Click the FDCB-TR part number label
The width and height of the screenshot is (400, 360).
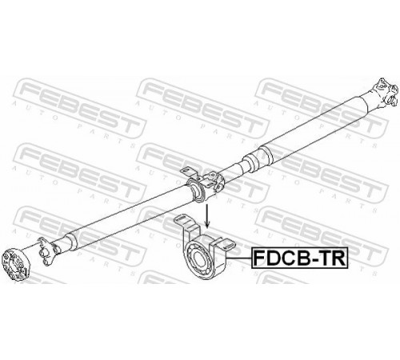click(300, 258)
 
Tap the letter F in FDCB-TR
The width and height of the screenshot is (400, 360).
click(259, 258)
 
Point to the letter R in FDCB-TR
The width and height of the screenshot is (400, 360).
click(339, 258)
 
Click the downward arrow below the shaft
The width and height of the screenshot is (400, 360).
click(206, 216)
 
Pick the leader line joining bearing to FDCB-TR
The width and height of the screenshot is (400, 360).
click(238, 258)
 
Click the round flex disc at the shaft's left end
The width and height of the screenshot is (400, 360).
click(14, 264)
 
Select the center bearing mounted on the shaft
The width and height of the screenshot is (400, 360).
click(197, 190)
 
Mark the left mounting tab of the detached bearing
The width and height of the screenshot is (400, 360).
click(186, 226)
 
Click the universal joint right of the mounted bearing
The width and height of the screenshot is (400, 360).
click(214, 182)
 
